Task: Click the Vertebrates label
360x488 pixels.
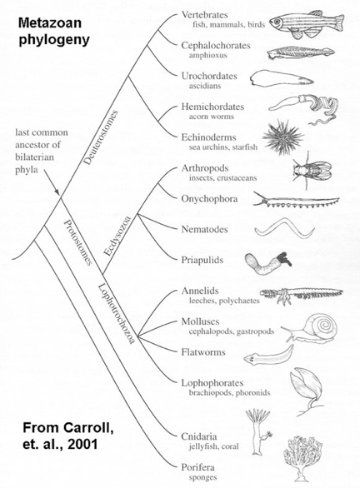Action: click(x=205, y=15)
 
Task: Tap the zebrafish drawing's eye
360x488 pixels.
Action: click(x=276, y=21)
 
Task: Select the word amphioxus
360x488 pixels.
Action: click(x=207, y=55)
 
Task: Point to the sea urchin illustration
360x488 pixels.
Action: click(x=282, y=137)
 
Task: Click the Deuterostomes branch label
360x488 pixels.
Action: click(x=102, y=137)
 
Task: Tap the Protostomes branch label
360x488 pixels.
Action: click(x=78, y=242)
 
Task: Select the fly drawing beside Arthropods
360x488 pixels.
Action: click(x=312, y=171)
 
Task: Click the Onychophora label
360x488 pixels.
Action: click(x=209, y=199)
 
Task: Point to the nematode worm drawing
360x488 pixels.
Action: click(x=285, y=229)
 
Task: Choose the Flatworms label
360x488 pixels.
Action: click(x=203, y=352)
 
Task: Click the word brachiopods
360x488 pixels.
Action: click(x=211, y=393)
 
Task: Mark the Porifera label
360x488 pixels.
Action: click(x=198, y=467)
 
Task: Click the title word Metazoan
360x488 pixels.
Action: click(x=50, y=23)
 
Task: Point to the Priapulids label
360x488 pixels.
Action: click(x=202, y=260)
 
